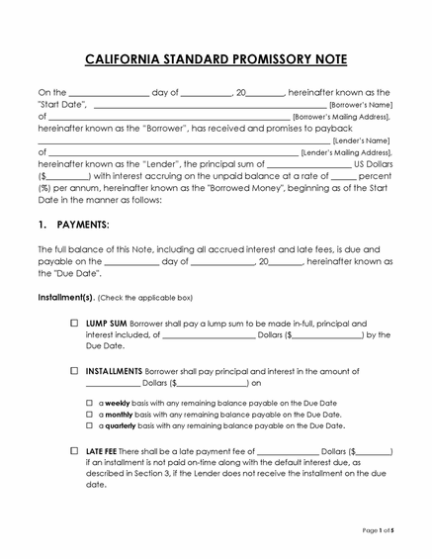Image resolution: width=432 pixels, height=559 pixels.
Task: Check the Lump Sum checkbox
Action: coord(75,324)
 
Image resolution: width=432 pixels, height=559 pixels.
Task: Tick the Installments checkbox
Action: coord(75,370)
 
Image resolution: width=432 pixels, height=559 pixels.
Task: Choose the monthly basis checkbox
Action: coord(89,414)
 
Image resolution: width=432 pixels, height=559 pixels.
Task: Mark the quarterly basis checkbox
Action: coord(89,424)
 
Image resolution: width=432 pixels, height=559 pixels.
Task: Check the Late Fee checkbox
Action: coord(75,450)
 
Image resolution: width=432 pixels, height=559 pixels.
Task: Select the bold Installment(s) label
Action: coord(66,297)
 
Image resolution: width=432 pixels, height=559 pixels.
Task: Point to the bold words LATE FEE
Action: coord(104,450)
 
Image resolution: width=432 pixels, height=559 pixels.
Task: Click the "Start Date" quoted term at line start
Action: coord(63,104)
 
